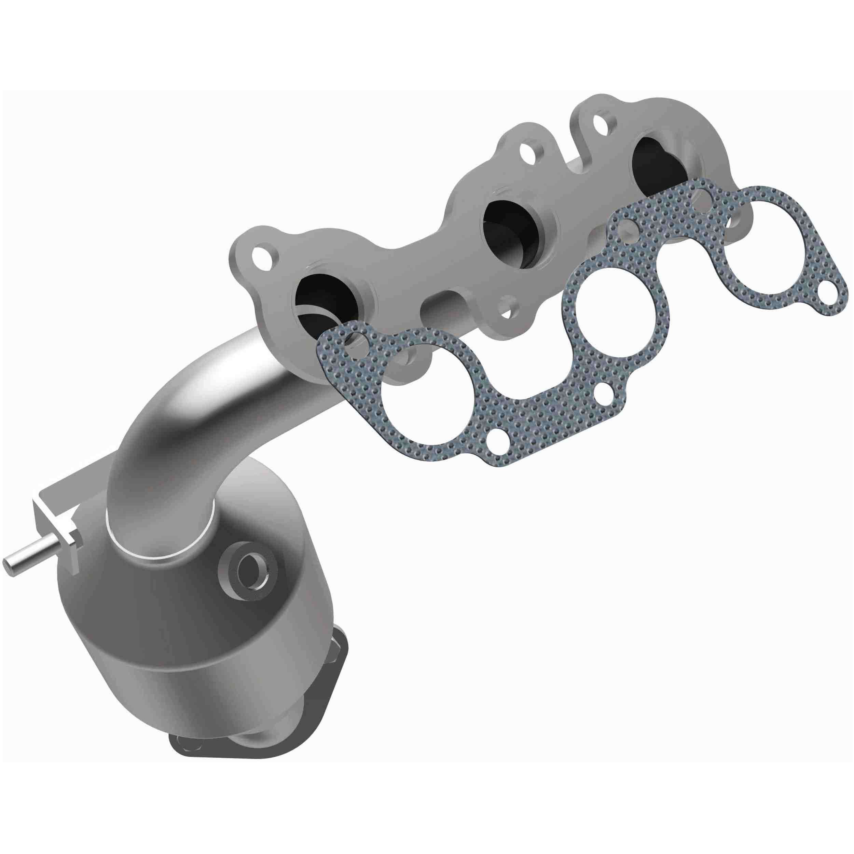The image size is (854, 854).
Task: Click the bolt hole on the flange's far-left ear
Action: pos(262,255)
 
